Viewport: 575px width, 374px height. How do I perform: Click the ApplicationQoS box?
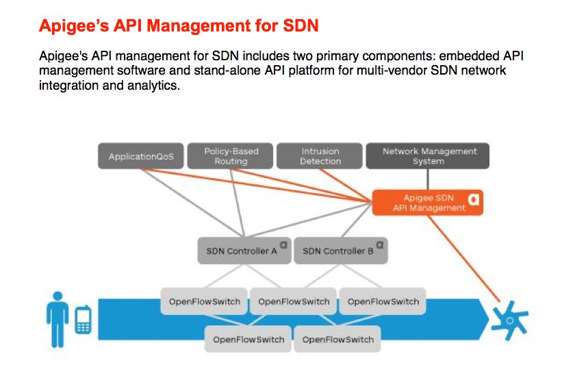pos(141,156)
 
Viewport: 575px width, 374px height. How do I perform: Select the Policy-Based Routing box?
pos(230,156)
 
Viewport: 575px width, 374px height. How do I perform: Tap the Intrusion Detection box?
pos(320,156)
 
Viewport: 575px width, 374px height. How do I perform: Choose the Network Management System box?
pos(428,156)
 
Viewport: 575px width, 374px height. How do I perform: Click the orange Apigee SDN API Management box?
pos(428,203)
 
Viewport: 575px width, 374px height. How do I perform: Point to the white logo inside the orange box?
pos(474,199)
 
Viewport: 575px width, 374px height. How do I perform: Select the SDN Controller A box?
pos(244,251)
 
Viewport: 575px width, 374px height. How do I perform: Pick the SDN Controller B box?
pos(341,251)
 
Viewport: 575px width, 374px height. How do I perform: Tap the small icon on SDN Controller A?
pos(283,245)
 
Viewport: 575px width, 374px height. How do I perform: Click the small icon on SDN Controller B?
pos(380,245)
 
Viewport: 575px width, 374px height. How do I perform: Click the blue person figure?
pos(57,319)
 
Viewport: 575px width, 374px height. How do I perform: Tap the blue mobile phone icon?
pos(84,320)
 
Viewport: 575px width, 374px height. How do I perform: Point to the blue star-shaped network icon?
pos(509,321)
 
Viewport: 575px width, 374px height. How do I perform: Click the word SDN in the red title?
pos(301,26)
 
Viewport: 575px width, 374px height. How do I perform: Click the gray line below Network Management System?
pos(428,179)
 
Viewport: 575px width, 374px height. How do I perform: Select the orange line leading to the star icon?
pos(464,258)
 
